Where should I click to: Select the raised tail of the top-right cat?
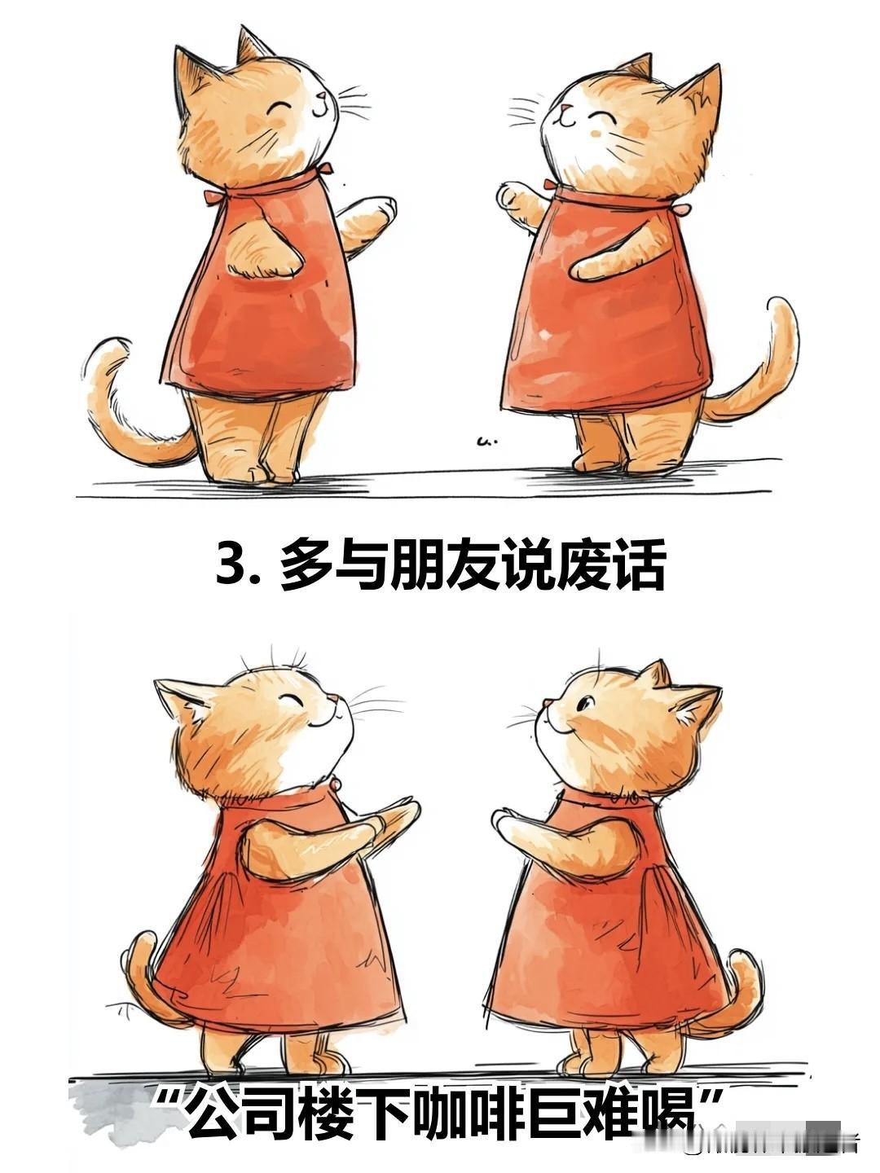tap(759, 369)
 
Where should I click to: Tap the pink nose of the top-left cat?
tap(322, 96)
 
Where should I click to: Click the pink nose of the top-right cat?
tap(565, 109)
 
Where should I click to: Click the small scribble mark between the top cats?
tap(486, 442)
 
